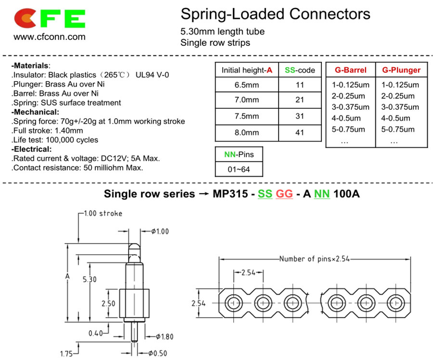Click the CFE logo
(50, 18)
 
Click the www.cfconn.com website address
(50, 37)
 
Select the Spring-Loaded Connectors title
(275, 14)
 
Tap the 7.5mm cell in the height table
(247, 116)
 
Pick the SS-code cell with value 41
(300, 132)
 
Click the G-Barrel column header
(350, 70)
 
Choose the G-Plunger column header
(401, 70)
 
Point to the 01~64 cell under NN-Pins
(239, 169)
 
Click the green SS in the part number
(265, 193)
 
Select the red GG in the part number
(284, 193)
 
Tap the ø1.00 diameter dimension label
(160, 231)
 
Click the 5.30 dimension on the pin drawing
(90, 279)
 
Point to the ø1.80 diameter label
(165, 336)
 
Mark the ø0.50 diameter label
(158, 353)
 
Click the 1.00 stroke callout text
(103, 213)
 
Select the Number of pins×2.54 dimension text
(314, 259)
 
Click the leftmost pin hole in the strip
(234, 303)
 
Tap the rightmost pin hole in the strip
(396, 303)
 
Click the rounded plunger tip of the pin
(134, 247)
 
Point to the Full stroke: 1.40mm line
(47, 130)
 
